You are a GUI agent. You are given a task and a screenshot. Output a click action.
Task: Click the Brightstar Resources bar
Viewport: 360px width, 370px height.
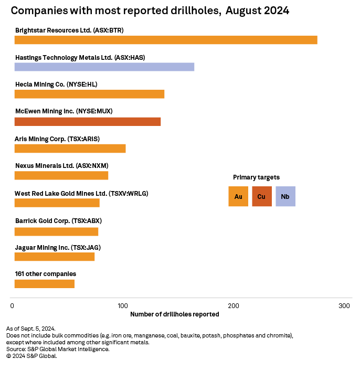click(166, 40)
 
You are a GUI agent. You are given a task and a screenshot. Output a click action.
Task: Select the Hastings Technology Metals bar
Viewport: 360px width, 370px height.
click(104, 67)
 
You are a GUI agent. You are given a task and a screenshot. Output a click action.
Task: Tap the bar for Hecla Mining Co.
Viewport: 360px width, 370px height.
click(89, 94)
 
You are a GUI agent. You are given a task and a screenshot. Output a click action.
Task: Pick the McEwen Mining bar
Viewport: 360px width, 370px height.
click(88, 122)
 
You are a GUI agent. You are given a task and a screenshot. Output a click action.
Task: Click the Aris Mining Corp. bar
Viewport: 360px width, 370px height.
click(70, 149)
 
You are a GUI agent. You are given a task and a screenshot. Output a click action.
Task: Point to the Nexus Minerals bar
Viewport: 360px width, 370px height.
click(61, 176)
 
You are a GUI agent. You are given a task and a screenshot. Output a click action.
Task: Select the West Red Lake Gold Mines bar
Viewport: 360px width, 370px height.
click(57, 203)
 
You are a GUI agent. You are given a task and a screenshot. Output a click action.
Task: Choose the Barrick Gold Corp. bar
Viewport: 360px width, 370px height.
click(56, 231)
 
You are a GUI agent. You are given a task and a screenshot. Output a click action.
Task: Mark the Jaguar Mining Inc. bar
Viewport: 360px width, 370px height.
click(55, 257)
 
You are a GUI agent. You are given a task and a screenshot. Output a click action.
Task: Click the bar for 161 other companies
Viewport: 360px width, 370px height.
click(45, 284)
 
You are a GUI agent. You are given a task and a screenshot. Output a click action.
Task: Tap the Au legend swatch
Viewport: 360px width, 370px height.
click(238, 196)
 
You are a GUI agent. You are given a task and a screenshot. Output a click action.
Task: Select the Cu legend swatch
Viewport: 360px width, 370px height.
click(262, 196)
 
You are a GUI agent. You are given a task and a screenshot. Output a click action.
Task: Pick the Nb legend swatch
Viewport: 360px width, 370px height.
click(285, 196)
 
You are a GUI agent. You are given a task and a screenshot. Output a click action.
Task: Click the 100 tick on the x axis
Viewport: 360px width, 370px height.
click(123, 305)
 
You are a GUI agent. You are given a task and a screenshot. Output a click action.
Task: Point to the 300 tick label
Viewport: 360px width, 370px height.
click(344, 305)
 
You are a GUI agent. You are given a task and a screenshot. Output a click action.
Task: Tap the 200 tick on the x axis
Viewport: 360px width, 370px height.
click(234, 305)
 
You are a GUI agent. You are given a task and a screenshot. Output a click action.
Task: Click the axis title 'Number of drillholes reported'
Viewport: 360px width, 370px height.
click(174, 314)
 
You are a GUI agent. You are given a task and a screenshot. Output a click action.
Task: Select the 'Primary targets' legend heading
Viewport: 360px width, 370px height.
click(256, 177)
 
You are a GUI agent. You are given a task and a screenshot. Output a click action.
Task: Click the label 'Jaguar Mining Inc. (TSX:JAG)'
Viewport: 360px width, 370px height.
click(58, 247)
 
